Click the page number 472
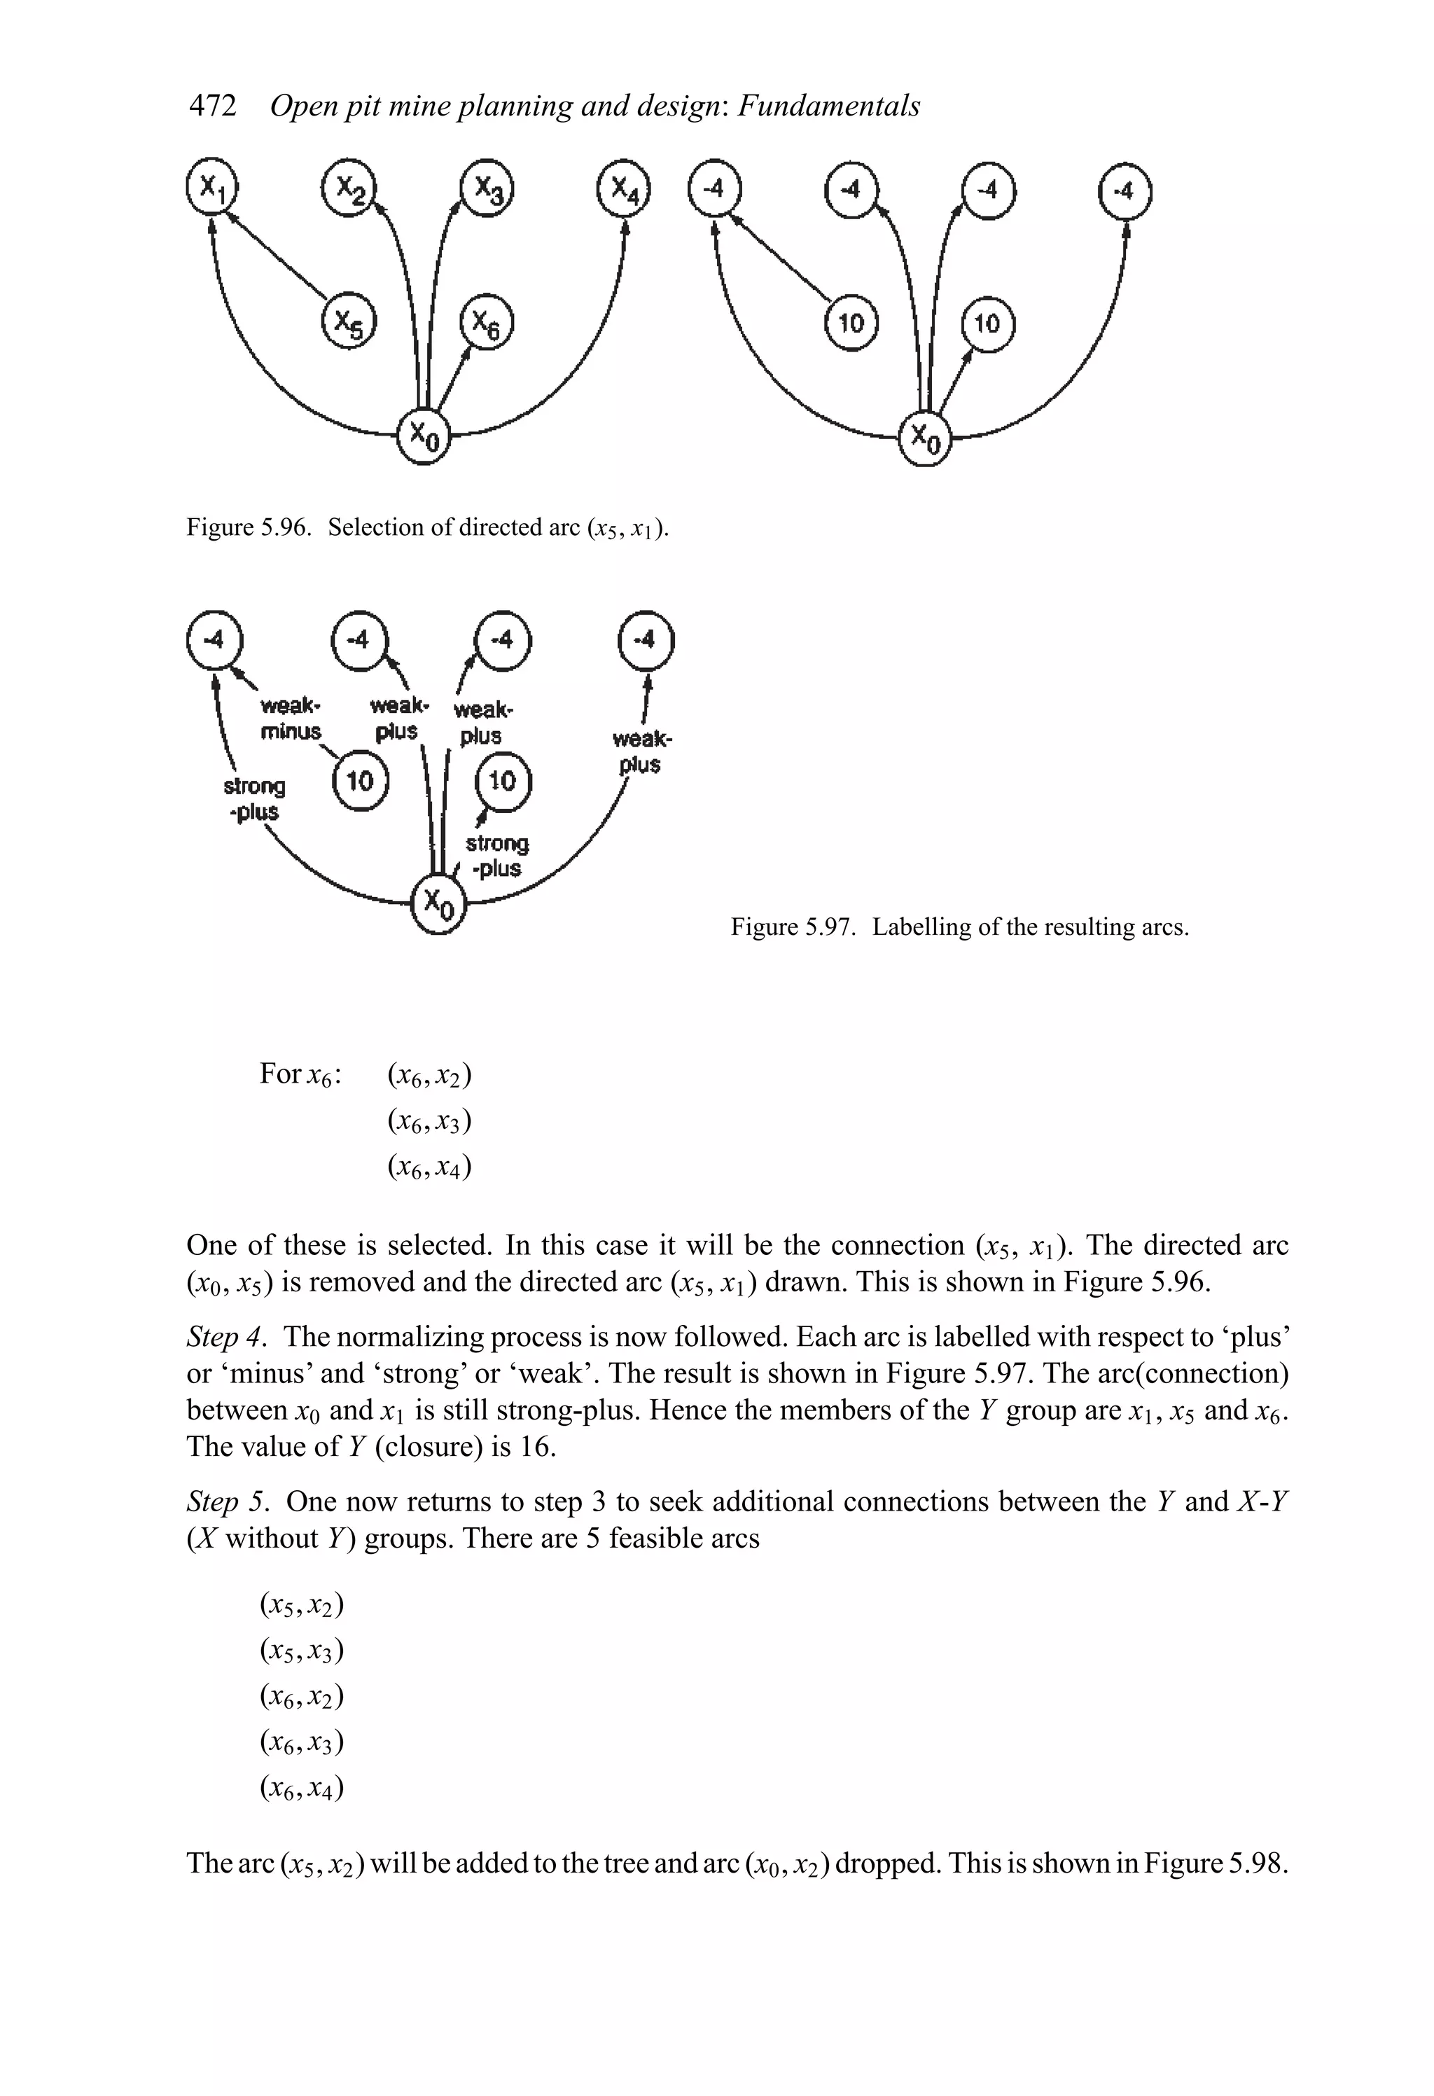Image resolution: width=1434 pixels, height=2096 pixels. (x=213, y=106)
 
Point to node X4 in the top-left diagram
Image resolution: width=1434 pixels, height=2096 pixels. (x=624, y=189)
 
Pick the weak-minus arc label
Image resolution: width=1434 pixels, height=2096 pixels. (x=291, y=718)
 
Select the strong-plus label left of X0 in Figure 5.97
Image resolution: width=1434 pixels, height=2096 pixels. (x=254, y=799)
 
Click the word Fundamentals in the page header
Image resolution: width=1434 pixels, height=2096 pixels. (x=828, y=106)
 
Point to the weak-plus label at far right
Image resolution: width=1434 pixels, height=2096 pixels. (x=641, y=752)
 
